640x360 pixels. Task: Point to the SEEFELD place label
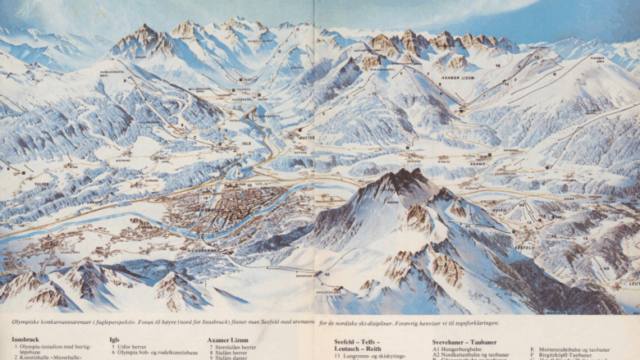coord(524,246)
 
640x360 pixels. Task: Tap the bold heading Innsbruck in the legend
coord(25,339)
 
